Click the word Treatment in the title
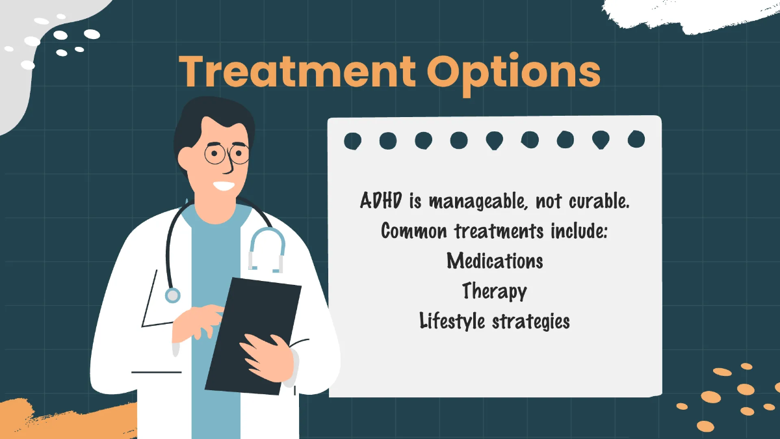(x=291, y=72)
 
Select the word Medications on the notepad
(x=495, y=261)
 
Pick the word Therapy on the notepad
(x=494, y=291)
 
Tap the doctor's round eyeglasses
(x=227, y=154)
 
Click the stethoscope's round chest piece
(x=172, y=296)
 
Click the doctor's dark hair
(x=208, y=120)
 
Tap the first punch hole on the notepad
(x=353, y=140)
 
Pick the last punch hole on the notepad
(x=636, y=139)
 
